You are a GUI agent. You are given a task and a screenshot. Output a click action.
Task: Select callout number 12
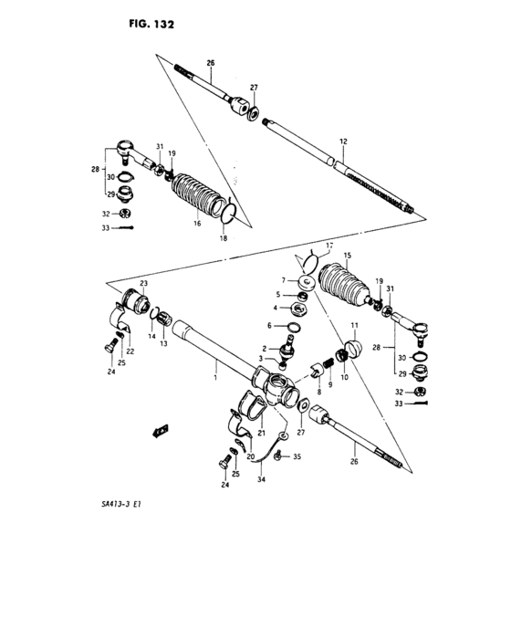343,141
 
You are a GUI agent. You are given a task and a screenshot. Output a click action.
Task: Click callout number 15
346,255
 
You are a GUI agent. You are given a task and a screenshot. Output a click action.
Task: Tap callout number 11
354,326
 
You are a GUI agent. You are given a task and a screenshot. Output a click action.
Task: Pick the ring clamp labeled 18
230,213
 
